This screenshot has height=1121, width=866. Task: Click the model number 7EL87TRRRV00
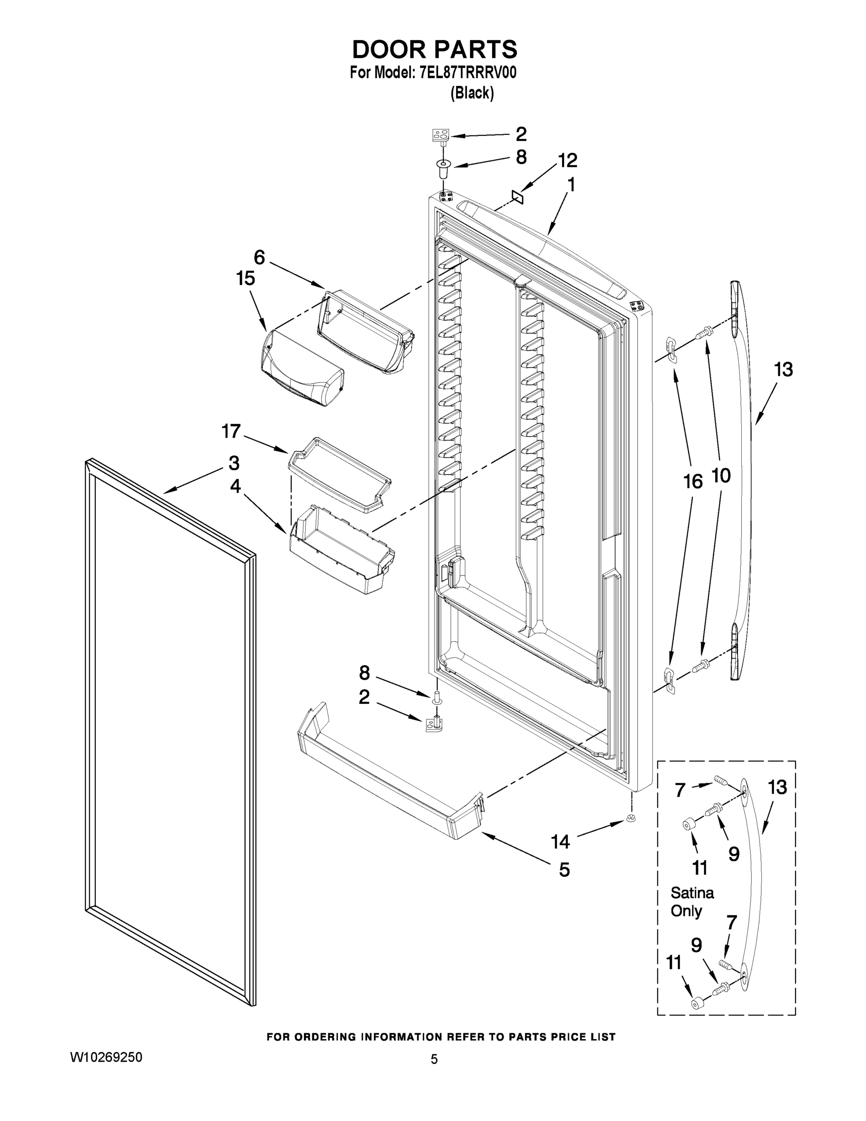pos(467,73)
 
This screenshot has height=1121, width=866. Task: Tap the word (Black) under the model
pos(472,93)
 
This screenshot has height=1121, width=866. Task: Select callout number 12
pos(567,160)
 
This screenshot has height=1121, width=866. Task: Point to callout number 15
pos(245,278)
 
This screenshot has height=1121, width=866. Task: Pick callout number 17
pos(231,431)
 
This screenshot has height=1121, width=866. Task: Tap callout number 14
pos(560,842)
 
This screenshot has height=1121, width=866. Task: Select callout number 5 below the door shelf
pos(564,870)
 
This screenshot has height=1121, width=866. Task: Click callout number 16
pos(693,482)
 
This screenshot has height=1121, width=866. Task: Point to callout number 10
pos(721,476)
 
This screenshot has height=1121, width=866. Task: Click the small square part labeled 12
pos(517,197)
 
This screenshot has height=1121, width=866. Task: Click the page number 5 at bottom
pos(434,1059)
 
